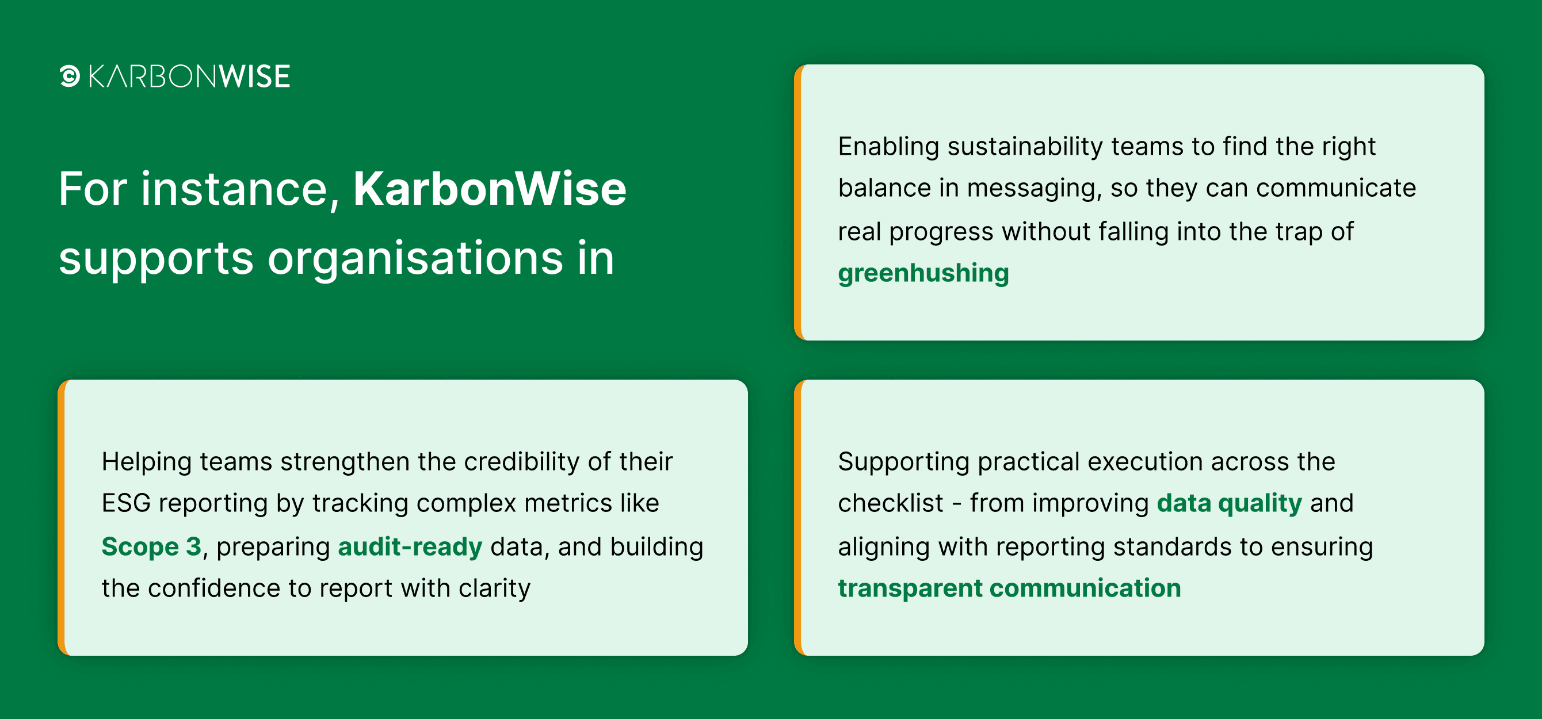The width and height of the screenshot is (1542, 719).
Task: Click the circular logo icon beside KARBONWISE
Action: (x=70, y=76)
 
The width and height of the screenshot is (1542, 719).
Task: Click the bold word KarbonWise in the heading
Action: (x=490, y=189)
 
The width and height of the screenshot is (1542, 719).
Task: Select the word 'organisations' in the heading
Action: (x=415, y=259)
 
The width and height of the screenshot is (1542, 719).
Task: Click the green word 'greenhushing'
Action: (x=923, y=274)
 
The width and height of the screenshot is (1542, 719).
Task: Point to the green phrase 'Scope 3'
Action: (x=151, y=546)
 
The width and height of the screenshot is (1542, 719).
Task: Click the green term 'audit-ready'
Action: (x=410, y=546)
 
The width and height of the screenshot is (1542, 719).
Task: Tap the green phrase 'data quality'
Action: (x=1229, y=503)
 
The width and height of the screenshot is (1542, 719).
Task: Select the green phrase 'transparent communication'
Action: (x=1009, y=588)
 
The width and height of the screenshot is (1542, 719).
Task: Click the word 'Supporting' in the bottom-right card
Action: (x=903, y=462)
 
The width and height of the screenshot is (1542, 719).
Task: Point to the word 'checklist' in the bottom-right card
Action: (x=890, y=503)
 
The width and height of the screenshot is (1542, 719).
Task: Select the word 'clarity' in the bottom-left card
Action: (x=494, y=589)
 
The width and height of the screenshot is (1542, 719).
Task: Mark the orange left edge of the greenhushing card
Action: (x=797, y=202)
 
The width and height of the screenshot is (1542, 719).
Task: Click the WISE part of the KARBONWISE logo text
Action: (x=254, y=77)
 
